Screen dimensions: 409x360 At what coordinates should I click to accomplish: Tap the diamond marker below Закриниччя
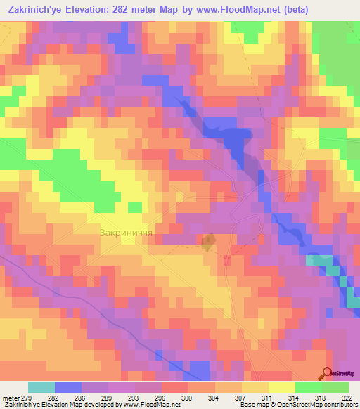point(207,243)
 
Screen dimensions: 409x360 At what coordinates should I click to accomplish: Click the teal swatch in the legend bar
point(41,387)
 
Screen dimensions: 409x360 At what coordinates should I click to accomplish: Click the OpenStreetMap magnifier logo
point(328,374)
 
